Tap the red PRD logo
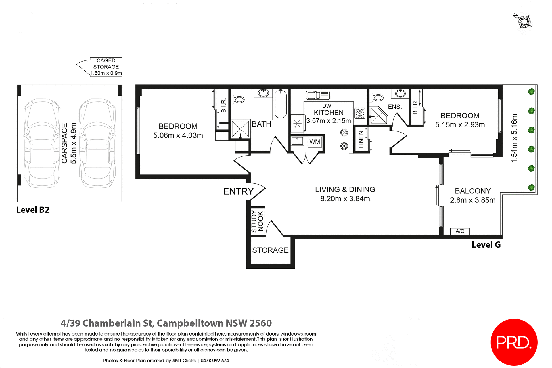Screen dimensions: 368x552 point(514,342)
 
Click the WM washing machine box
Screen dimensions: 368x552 point(315,142)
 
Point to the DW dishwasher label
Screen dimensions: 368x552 point(327,106)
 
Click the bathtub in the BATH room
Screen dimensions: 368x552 point(280,104)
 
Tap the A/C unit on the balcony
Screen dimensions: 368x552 point(460,231)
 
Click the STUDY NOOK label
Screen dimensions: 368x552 point(257,221)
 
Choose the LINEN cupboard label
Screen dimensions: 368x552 point(361,139)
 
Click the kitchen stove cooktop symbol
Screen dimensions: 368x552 point(360,113)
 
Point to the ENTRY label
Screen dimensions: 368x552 point(238,191)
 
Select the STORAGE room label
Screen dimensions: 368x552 point(270,250)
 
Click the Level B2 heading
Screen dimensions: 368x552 point(33,210)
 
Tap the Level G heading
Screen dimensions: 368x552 point(486,245)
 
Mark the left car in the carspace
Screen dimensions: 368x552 point(42,143)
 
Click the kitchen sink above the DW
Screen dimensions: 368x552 point(318,95)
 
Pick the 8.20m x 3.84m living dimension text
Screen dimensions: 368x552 point(345,199)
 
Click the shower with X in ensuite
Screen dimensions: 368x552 point(378,116)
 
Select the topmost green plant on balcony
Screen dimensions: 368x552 point(531,92)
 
